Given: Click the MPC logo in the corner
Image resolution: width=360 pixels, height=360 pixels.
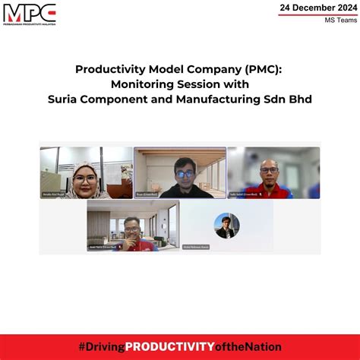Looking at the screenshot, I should coord(30,14).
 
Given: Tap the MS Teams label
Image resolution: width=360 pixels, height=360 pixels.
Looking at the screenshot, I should coord(335,21).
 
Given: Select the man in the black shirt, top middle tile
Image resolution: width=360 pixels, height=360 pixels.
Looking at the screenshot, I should coord(183,172).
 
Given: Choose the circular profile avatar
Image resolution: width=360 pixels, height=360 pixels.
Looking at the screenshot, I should coord(226,225).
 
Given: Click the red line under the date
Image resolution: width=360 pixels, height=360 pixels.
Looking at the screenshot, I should coord(317,15).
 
